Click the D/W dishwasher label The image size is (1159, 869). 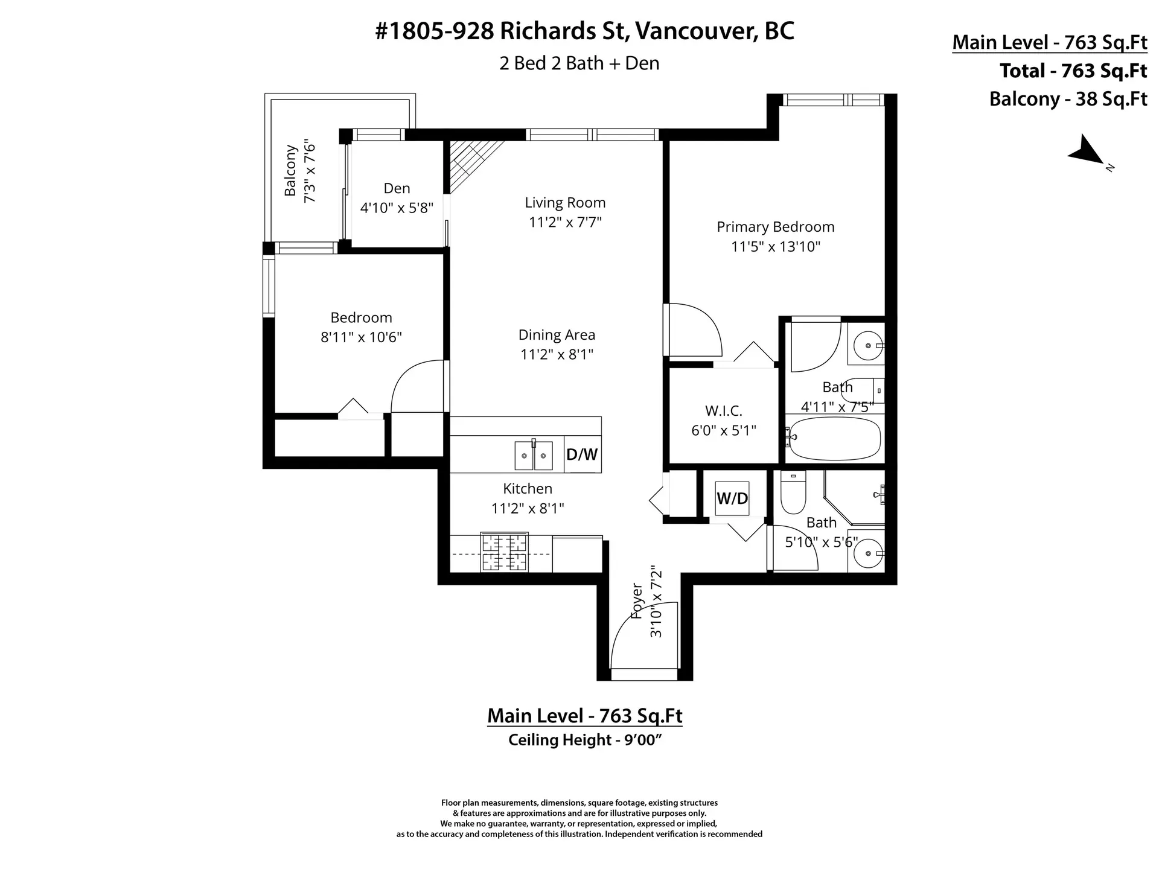[x=582, y=454]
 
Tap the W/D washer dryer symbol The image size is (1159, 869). [x=732, y=498]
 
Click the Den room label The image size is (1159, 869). [x=397, y=188]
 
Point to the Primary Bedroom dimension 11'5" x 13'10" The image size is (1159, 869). [x=776, y=246]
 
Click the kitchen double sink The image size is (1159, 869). [x=534, y=456]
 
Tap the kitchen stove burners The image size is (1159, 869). [x=504, y=552]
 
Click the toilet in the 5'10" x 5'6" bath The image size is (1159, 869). [x=793, y=492]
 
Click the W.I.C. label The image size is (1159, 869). [x=723, y=411]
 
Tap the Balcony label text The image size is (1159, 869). [x=290, y=171]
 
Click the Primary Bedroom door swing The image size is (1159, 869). [x=694, y=331]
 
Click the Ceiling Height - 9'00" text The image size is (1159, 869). [x=585, y=740]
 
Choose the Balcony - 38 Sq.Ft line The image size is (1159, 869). [x=1067, y=99]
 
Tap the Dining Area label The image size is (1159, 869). [x=557, y=335]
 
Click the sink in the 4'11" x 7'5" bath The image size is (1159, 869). [x=867, y=346]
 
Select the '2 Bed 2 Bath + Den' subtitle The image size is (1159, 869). [x=579, y=63]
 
